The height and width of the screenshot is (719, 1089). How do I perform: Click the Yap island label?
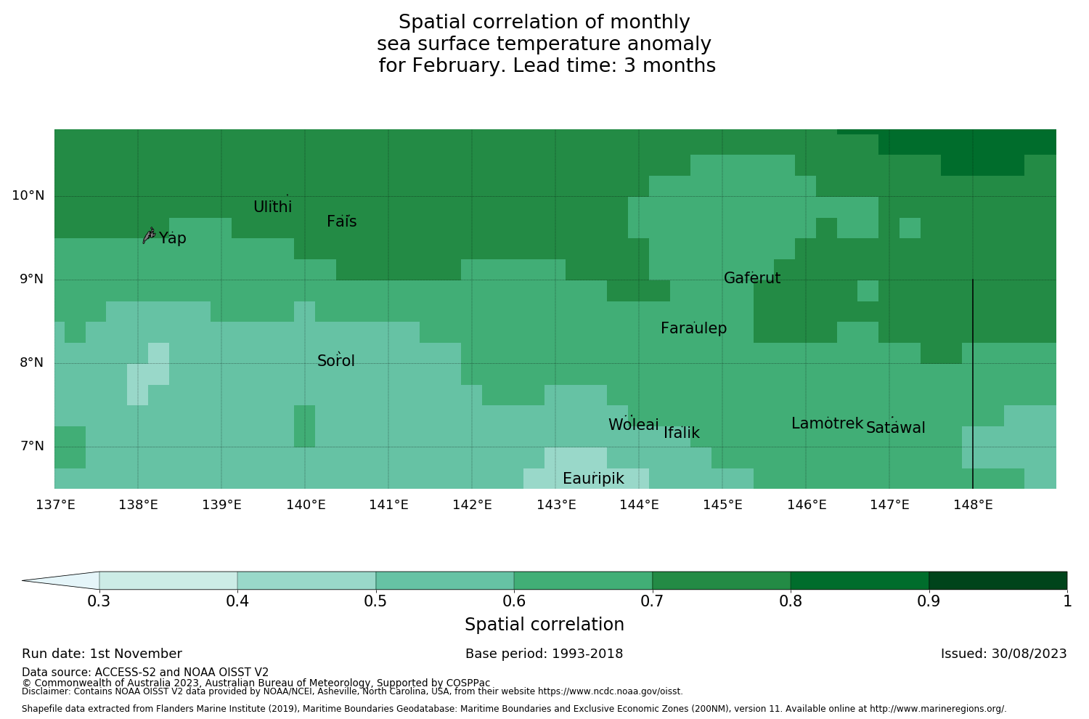[x=173, y=238]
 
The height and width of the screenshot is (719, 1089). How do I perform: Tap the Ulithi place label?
[x=272, y=207]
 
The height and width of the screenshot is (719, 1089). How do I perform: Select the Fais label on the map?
[x=341, y=222]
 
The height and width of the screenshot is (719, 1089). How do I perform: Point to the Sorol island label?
[x=336, y=361]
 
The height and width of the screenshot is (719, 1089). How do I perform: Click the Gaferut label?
[x=752, y=278]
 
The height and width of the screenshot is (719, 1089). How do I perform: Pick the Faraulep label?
[x=693, y=328]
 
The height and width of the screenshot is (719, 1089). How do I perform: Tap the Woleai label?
[x=634, y=425]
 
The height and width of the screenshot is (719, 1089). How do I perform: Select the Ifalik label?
[x=682, y=433]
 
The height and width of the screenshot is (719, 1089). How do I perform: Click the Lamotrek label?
[x=827, y=423]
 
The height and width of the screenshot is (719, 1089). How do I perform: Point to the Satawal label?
[x=895, y=428]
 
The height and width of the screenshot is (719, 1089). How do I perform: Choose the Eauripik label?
[x=593, y=479]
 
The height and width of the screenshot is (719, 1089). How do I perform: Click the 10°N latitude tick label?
[x=28, y=195]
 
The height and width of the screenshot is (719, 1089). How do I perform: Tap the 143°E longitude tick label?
[x=556, y=505]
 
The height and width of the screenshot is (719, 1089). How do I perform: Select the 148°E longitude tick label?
[x=973, y=505]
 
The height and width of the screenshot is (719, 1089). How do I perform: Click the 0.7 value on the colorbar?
[x=652, y=601]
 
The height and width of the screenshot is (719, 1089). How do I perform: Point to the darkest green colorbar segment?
[x=998, y=580]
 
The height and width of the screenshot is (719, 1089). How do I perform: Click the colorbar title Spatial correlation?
[x=544, y=625]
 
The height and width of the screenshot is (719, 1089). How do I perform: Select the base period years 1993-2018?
[x=587, y=654]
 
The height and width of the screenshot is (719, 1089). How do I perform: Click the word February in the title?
[x=458, y=65]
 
